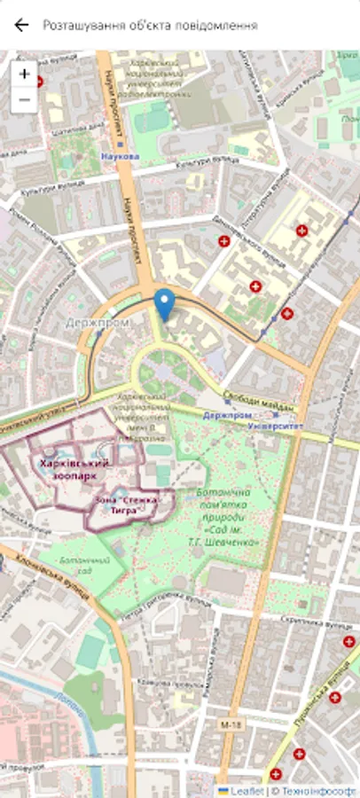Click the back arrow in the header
pyautogui.click(x=22, y=25)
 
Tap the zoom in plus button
pyautogui.click(x=24, y=74)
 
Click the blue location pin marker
pyautogui.click(x=164, y=304)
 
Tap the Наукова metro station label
pyautogui.click(x=121, y=156)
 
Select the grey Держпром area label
pyautogui.click(x=97, y=323)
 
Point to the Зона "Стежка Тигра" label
pyautogui.click(x=124, y=505)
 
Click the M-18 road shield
pyautogui.click(x=231, y=725)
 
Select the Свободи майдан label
pyautogui.click(x=252, y=398)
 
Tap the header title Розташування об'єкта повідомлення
pyautogui.click(x=150, y=25)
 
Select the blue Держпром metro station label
pyautogui.click(x=228, y=415)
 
